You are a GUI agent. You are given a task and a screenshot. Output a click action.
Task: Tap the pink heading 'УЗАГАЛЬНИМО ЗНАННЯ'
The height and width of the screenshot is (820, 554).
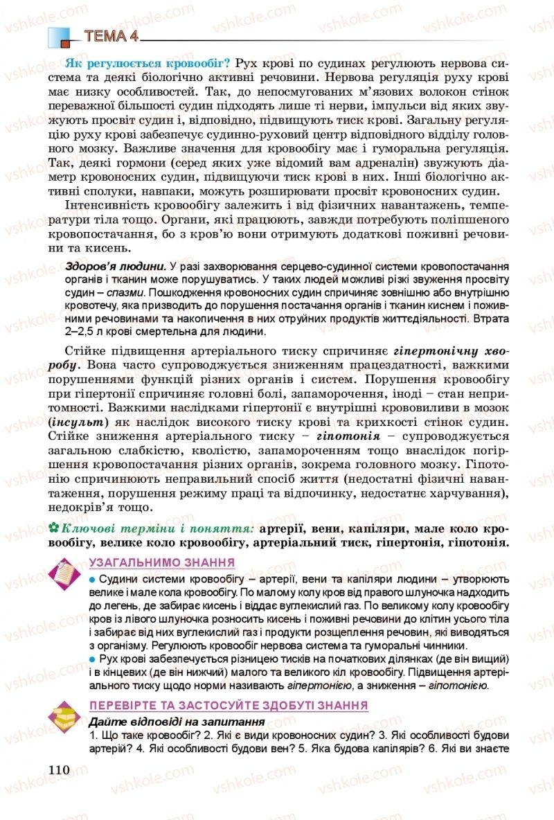[162, 562]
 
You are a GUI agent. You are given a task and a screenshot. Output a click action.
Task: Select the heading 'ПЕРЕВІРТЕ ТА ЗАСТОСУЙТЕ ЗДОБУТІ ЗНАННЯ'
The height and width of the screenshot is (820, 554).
[229, 706]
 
